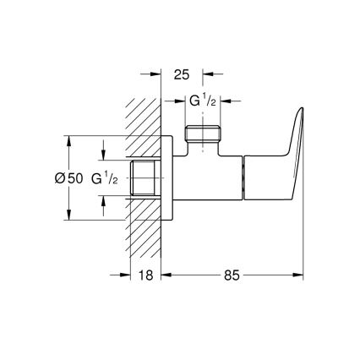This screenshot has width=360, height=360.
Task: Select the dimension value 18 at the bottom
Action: point(146,275)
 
